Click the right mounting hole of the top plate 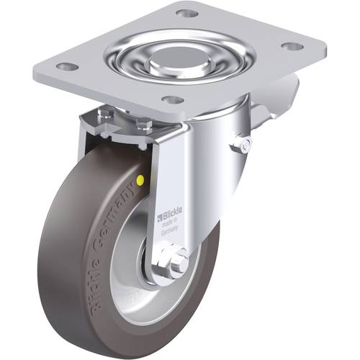click(x=292, y=46)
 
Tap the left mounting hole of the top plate click(x=68, y=66)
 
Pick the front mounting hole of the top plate click(x=172, y=100)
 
